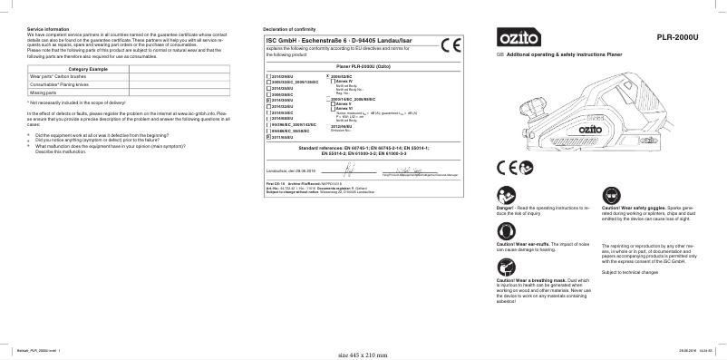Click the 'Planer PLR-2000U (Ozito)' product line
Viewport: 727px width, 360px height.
point(363,67)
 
